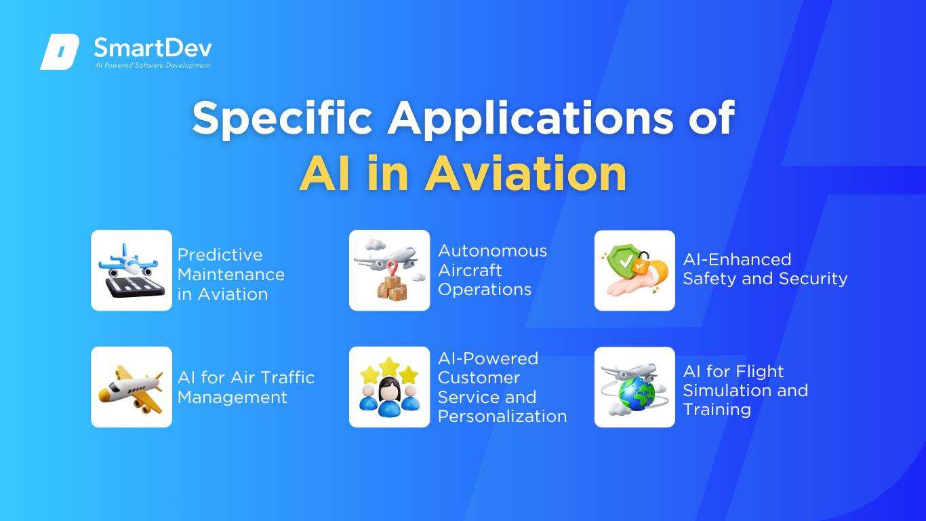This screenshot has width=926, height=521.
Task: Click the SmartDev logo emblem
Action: [x=60, y=52]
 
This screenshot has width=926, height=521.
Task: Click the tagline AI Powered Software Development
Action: [x=153, y=65]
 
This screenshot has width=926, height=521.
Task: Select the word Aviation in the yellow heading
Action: [x=526, y=174]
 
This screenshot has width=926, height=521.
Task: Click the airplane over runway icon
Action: [x=132, y=271]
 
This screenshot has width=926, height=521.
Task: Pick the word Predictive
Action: [x=220, y=255]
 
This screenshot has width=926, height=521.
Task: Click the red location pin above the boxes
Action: [x=392, y=268]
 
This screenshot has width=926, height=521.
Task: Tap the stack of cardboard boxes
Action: [x=392, y=288]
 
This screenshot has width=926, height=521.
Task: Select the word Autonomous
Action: [x=492, y=251]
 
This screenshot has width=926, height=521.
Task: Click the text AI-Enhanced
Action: [x=737, y=259]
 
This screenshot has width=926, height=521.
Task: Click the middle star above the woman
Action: [x=389, y=366]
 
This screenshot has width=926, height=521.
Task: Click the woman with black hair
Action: [x=389, y=396]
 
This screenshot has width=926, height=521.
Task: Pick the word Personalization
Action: [x=502, y=417]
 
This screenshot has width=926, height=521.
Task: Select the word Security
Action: [x=813, y=279]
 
